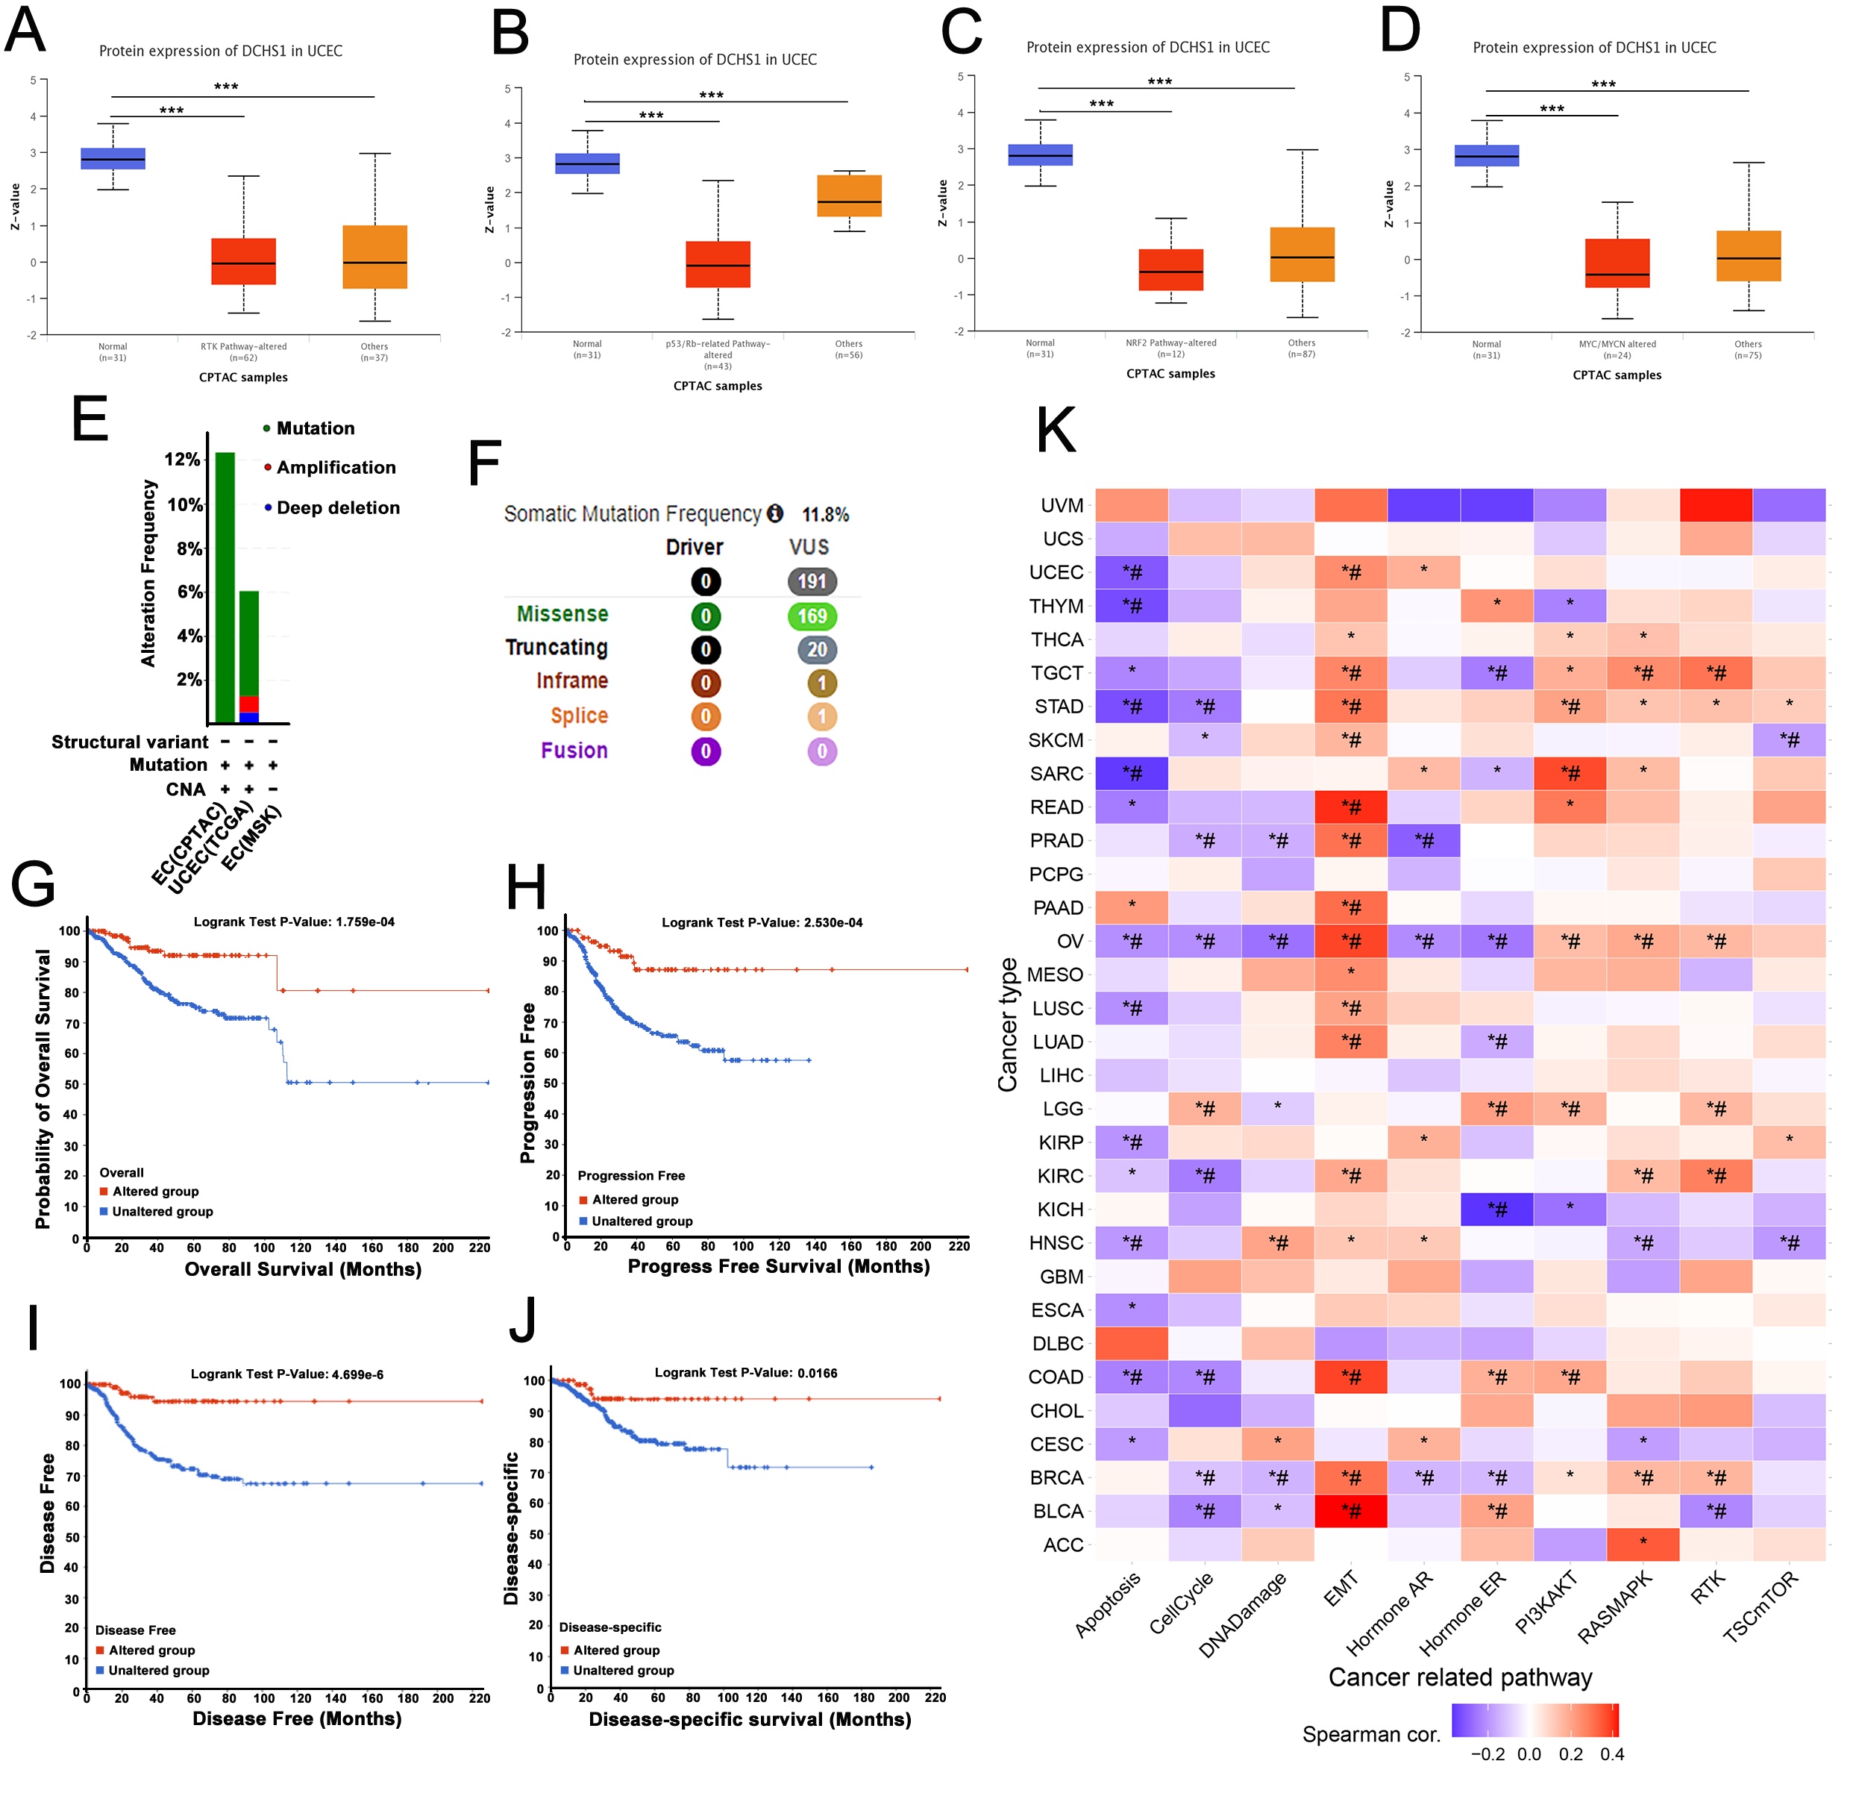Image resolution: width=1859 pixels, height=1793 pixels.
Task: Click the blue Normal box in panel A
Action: click(113, 158)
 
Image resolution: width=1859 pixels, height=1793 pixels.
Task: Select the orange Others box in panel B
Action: click(849, 195)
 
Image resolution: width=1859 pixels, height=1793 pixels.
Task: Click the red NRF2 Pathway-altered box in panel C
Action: click(1170, 269)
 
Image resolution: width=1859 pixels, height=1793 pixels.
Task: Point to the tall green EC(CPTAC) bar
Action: click(225, 587)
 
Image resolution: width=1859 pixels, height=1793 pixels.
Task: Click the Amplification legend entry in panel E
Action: click(336, 468)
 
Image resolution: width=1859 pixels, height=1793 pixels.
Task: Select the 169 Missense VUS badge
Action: click(812, 616)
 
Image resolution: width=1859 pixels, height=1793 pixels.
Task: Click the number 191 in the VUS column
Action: click(812, 581)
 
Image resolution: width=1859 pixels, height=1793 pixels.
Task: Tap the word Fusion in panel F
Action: click(574, 751)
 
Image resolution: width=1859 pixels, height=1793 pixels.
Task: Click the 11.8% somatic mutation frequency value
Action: click(825, 514)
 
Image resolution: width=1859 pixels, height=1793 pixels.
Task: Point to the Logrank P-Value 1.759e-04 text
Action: click(294, 921)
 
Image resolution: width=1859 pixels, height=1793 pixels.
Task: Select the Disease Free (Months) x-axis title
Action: click(297, 1718)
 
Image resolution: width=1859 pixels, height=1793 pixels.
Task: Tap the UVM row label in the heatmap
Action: click(1062, 506)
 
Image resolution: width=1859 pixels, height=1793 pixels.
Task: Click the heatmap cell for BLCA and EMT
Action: click(1351, 1511)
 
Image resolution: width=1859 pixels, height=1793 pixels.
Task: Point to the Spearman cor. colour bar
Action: click(1534, 1720)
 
